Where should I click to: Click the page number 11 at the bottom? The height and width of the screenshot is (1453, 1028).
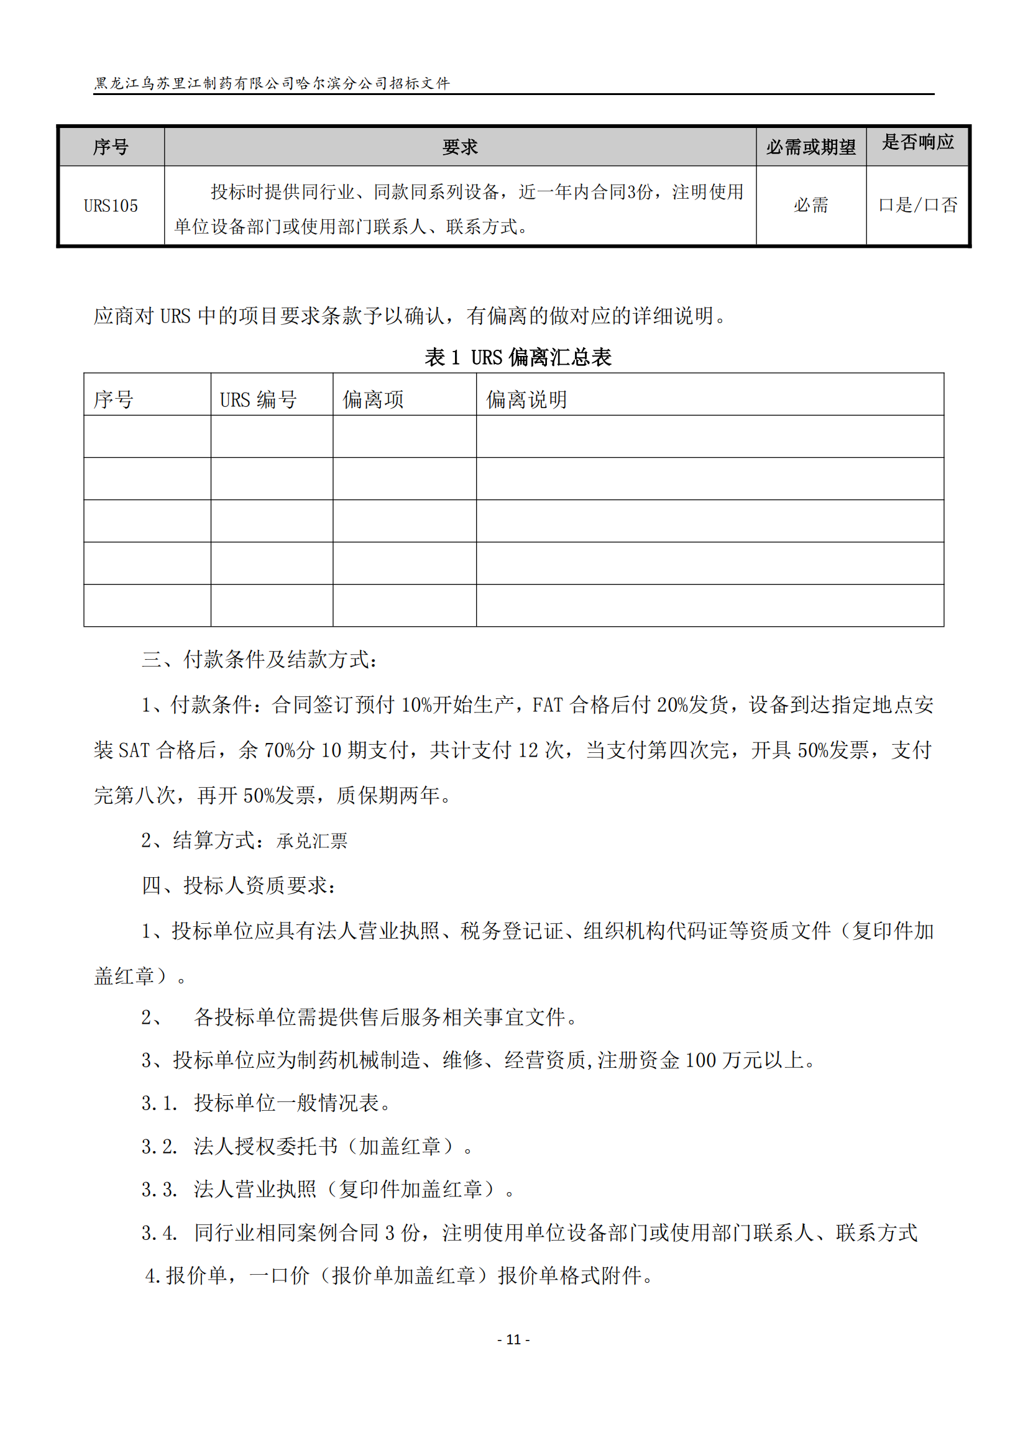tap(513, 1339)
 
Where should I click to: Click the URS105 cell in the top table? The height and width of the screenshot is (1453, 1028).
tap(111, 206)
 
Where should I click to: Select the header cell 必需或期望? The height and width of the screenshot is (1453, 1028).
tap(811, 147)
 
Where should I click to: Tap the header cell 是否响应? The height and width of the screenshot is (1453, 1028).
tap(918, 142)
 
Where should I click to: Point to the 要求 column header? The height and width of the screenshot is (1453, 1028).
tap(460, 147)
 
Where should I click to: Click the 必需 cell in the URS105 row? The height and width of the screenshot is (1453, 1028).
tap(811, 205)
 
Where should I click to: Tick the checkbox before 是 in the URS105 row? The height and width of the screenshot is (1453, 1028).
tap(886, 205)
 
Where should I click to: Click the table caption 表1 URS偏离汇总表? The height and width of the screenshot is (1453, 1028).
tap(518, 358)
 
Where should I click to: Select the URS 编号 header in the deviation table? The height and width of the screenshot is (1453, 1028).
tap(259, 399)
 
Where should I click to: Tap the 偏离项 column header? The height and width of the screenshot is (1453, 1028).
tap(373, 399)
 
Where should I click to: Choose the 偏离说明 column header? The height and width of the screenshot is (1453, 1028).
tap(526, 399)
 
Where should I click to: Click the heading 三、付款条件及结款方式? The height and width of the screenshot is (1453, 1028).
tap(260, 660)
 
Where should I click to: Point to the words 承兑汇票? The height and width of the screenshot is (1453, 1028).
tap(312, 841)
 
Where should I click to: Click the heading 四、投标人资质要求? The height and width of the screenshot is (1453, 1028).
tap(239, 885)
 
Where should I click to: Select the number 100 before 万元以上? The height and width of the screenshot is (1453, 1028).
tap(700, 1060)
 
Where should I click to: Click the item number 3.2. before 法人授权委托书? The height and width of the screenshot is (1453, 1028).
tap(159, 1146)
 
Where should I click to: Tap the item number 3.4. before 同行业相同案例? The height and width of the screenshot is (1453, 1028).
tap(159, 1232)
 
